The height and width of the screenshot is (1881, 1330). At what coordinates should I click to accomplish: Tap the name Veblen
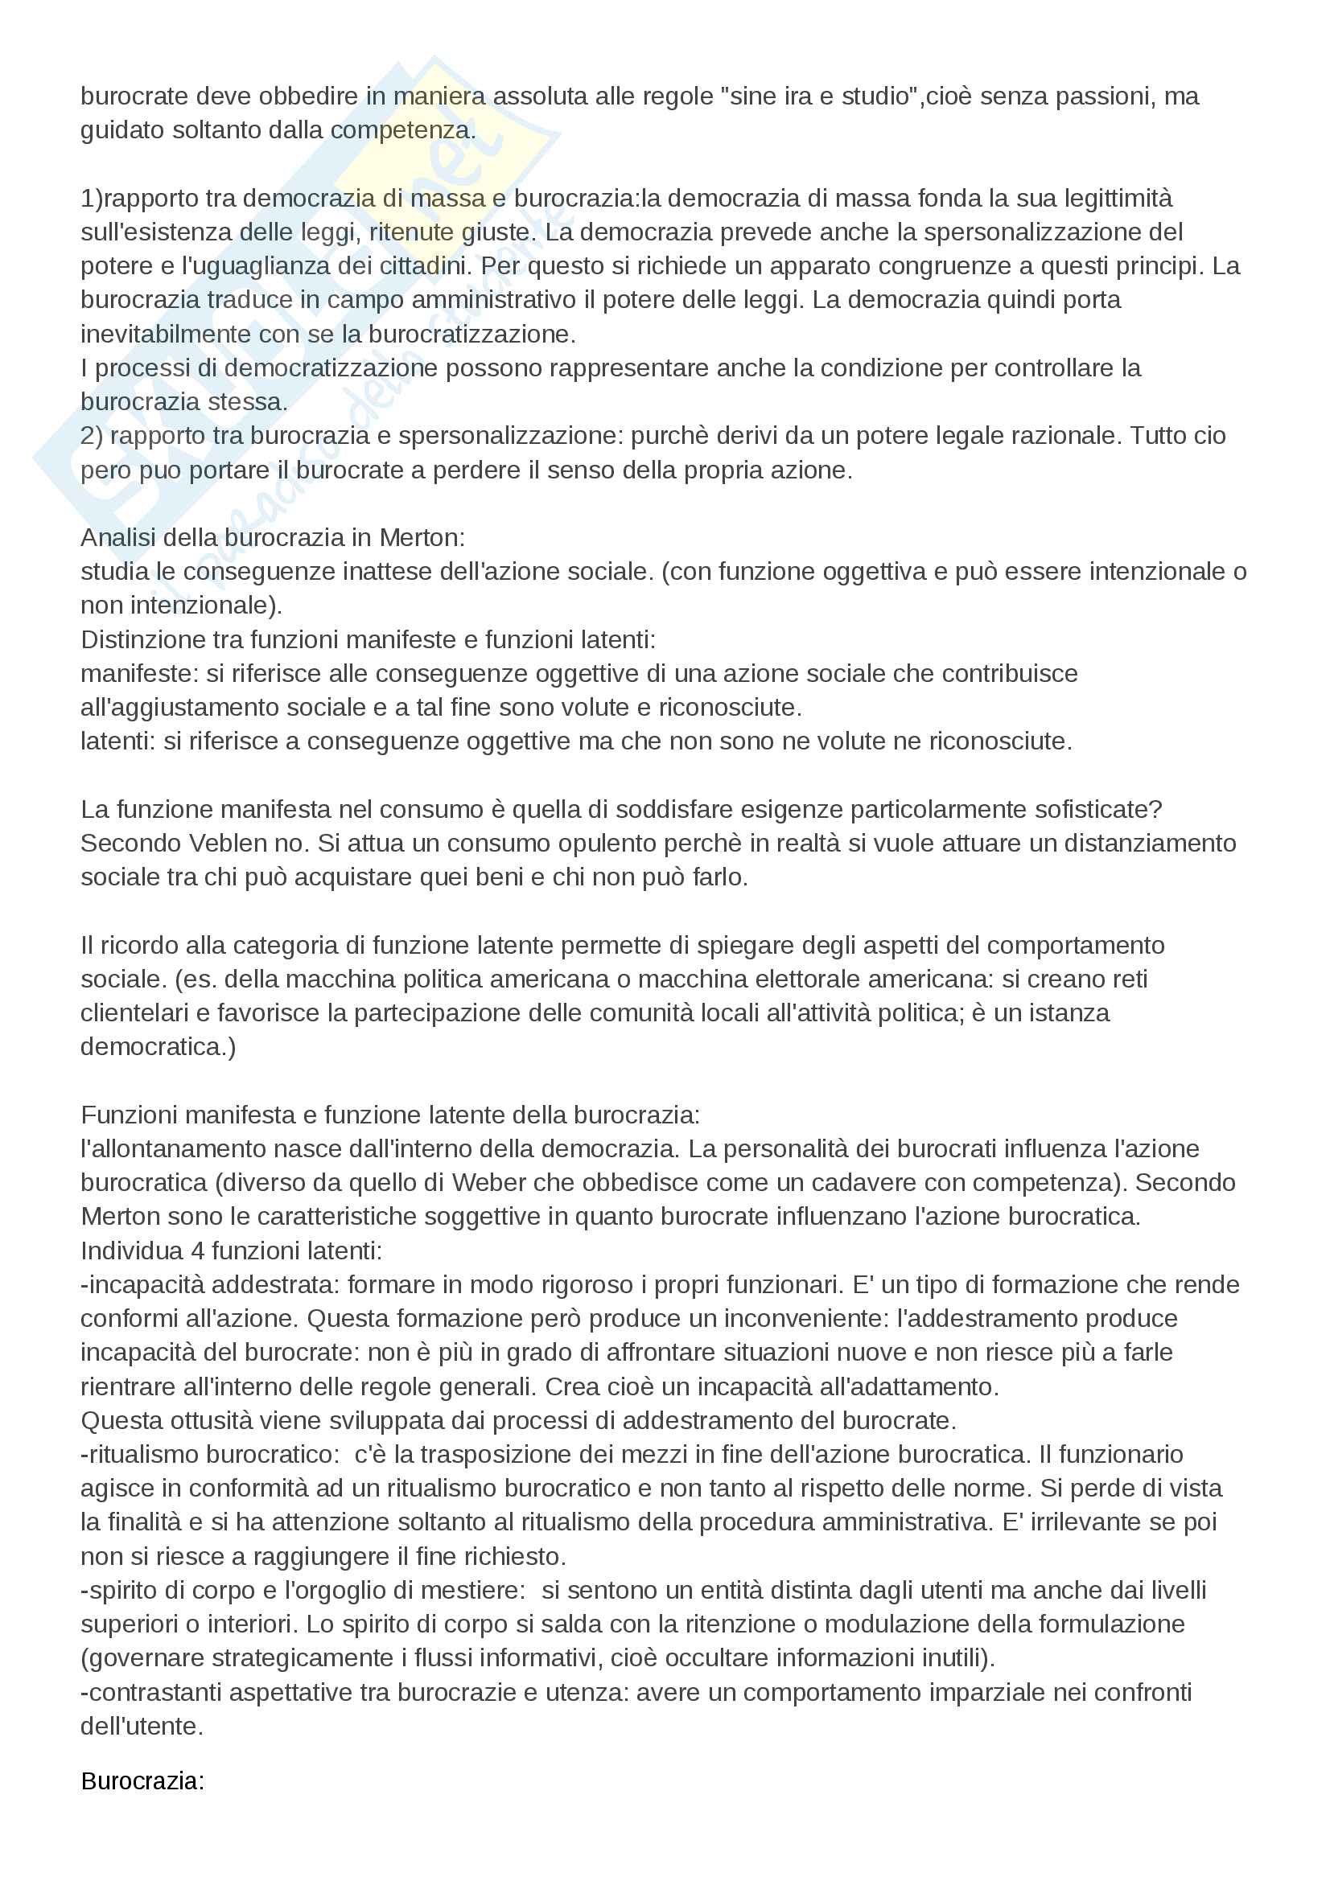click(x=229, y=843)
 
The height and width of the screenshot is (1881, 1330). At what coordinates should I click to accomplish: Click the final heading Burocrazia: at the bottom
click(x=142, y=1781)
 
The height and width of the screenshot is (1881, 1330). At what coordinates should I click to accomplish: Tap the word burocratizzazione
click(x=472, y=335)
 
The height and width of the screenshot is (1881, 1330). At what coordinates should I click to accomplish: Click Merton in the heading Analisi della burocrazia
click(x=422, y=537)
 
